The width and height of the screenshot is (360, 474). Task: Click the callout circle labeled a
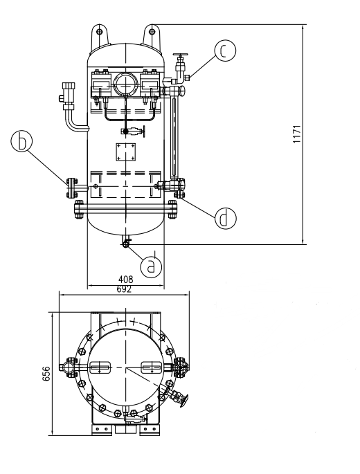(151, 266)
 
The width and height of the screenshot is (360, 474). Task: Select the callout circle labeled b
(21, 141)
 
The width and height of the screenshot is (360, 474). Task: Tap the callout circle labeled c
(225, 51)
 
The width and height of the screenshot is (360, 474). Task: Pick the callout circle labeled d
(226, 218)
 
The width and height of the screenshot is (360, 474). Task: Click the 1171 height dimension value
(298, 134)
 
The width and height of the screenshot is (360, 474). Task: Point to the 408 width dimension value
(125, 280)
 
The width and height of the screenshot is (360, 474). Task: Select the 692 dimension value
(125, 289)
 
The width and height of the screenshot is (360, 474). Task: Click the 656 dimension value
(46, 374)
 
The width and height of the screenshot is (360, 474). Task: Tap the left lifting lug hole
(99, 31)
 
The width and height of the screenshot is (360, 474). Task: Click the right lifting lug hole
(152, 31)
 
